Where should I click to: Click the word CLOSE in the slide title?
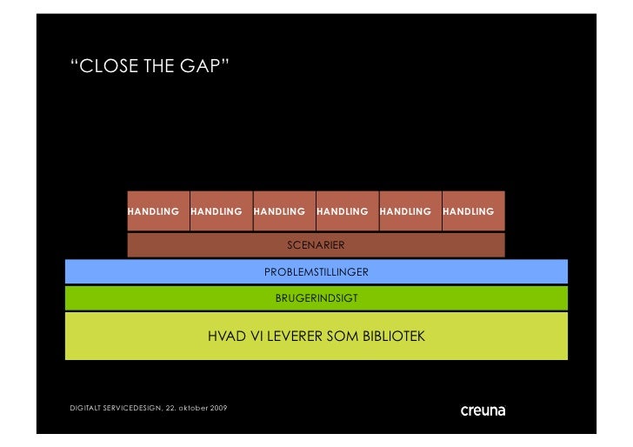[107, 67]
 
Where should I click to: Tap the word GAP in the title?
[204, 67]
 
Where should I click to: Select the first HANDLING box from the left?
[157, 211]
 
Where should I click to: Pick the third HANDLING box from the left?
[283, 211]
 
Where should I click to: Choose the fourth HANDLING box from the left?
[347, 211]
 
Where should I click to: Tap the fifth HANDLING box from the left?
[410, 211]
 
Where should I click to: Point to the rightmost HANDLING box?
[473, 211]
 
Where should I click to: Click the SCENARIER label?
[316, 245]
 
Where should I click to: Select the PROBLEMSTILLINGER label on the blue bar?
[316, 272]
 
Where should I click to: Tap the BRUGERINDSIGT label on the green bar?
[316, 298]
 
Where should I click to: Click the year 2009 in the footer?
[219, 409]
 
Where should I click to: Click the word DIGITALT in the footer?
[85, 409]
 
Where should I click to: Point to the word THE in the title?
[161, 67]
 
